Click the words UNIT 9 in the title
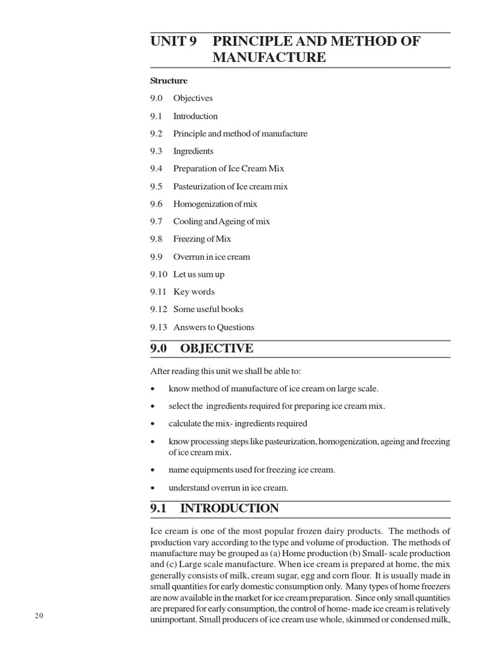click(x=174, y=42)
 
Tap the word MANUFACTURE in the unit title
click(x=269, y=58)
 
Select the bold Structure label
click(x=169, y=81)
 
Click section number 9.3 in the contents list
click(x=157, y=151)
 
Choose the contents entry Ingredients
click(x=193, y=151)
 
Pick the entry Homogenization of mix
click(x=215, y=204)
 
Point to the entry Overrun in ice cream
click(x=212, y=257)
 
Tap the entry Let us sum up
click(x=199, y=274)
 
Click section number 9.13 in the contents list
click(x=159, y=327)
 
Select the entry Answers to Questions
click(x=214, y=327)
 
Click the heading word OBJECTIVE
click(x=217, y=349)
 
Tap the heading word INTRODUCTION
click(x=229, y=509)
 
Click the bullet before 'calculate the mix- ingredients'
click(x=153, y=424)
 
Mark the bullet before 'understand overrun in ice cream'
click(x=153, y=488)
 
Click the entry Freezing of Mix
click(x=202, y=239)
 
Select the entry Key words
click(x=194, y=292)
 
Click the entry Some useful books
click(x=208, y=310)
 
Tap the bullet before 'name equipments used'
click(x=153, y=471)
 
